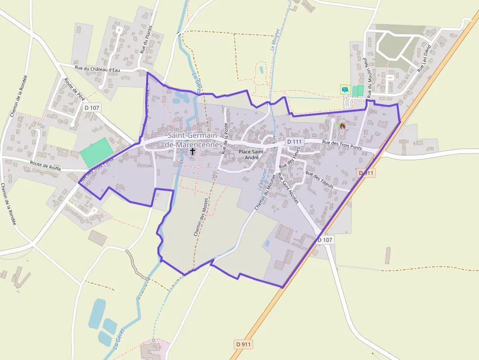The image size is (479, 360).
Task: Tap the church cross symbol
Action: [x=193, y=152]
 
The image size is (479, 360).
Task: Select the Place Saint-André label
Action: [x=252, y=154]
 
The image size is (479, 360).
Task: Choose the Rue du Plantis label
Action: [x=143, y=39]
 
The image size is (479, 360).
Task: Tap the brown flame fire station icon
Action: [x=342, y=126]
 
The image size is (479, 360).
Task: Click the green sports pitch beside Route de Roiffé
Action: [x=96, y=152]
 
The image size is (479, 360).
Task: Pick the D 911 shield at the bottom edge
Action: [x=243, y=344]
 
